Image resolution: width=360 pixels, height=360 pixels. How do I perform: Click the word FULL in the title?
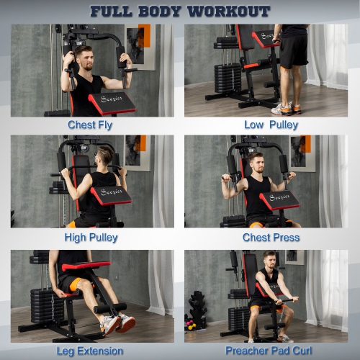tap(111, 12)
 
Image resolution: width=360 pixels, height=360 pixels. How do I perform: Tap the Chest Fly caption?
tap(90, 125)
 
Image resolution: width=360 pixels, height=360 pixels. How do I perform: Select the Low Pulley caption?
tap(271, 125)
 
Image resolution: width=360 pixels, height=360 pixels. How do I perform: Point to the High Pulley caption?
tap(91, 238)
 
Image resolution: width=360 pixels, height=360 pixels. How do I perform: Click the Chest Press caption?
tap(271, 238)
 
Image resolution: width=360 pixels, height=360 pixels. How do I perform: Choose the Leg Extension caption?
tap(90, 351)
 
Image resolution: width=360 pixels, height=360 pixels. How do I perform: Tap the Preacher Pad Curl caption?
tap(269, 351)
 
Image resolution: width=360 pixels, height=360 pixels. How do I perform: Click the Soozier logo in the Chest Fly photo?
tap(112, 99)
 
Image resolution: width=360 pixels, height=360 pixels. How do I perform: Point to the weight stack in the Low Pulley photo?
tap(228, 78)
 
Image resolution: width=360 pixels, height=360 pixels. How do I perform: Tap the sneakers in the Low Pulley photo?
tap(286, 109)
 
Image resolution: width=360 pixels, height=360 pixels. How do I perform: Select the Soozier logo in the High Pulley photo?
tap(112, 192)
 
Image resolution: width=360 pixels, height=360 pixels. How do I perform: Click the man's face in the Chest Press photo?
tap(258, 164)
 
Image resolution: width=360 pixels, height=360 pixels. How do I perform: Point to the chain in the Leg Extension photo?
tap(53, 307)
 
